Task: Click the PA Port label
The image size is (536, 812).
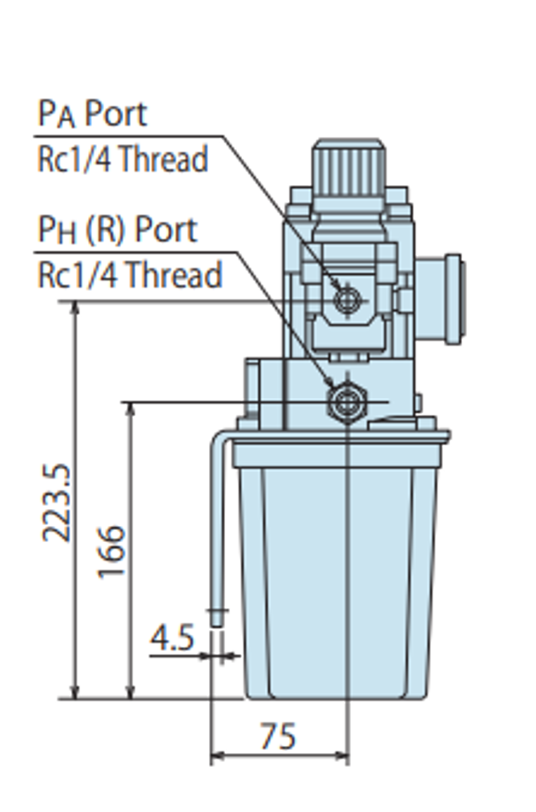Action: pos(93,113)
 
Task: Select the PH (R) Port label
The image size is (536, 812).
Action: pos(117,229)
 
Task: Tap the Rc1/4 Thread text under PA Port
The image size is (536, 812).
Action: pos(123,159)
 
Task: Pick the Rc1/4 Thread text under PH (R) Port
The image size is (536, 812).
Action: pos(130,274)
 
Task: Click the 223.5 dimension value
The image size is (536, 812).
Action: pos(57,503)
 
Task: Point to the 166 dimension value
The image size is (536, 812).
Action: pos(111,552)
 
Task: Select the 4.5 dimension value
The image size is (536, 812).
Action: pos(172,638)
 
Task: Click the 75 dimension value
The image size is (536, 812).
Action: pos(279,736)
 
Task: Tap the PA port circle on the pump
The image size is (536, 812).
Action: pos(347,299)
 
